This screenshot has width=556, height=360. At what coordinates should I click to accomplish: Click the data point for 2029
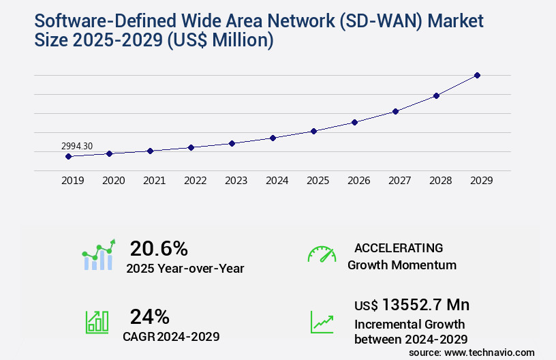pos(477,75)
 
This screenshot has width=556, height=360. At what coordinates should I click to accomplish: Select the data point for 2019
pos(68,156)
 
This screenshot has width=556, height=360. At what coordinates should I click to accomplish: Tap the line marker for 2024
pos(273,138)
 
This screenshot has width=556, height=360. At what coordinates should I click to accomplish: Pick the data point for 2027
pos(395,111)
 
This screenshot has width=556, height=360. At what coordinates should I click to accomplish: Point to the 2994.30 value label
pos(77,146)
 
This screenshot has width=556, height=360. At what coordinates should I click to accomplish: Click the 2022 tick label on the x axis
pos(195,181)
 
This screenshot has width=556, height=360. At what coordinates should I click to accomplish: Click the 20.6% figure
pos(159,248)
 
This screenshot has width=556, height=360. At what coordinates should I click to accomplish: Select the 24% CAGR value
pos(149,316)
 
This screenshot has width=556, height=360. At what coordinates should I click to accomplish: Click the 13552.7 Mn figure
pos(425,305)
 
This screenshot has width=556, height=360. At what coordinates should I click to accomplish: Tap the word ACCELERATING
pos(399,248)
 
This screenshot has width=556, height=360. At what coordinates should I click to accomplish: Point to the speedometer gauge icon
pos(322,254)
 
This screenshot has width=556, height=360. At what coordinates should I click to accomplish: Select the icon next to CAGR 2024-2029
pos(97,322)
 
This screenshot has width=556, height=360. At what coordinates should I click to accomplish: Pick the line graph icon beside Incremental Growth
pos(322,322)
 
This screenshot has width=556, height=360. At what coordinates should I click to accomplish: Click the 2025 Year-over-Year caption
pos(185,269)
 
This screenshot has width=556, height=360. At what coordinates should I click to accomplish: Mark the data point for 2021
pos(150,151)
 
